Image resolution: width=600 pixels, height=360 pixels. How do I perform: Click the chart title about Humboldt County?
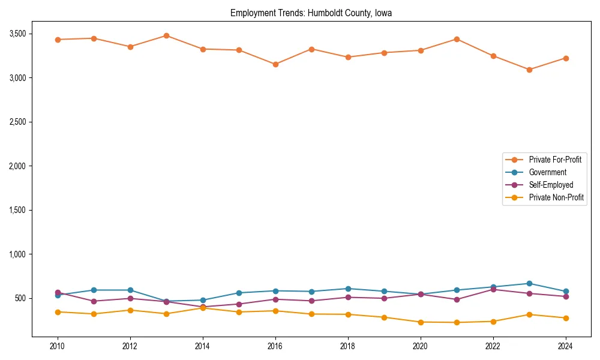pyautogui.click(x=311, y=13)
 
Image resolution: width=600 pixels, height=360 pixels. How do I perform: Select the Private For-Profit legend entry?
pyautogui.click(x=555, y=160)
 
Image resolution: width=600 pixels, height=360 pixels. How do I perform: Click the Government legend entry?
pyautogui.click(x=547, y=172)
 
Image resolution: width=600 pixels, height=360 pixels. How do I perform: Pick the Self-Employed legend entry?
pyautogui.click(x=551, y=185)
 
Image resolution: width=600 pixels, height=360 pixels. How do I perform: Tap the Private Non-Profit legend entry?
pyautogui.click(x=556, y=197)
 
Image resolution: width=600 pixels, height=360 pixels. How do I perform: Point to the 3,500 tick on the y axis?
pyautogui.click(x=17, y=34)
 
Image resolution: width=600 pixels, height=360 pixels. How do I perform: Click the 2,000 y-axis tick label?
pyautogui.click(x=17, y=166)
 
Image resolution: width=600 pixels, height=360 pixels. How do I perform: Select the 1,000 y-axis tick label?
pyautogui.click(x=17, y=254)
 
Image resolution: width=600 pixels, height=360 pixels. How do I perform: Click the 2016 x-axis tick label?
pyautogui.click(x=275, y=346)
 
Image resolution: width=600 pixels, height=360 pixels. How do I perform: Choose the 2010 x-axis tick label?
pyautogui.click(x=58, y=346)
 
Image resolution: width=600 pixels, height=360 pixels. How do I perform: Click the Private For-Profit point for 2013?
pyautogui.click(x=166, y=35)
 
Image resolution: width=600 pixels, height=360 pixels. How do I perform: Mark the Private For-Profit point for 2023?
pyautogui.click(x=529, y=70)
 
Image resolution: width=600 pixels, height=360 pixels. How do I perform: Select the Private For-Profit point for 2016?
pyautogui.click(x=275, y=64)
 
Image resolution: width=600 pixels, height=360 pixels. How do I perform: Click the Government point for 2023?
pyautogui.click(x=529, y=283)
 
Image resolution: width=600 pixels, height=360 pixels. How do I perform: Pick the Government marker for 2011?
pyautogui.click(x=94, y=290)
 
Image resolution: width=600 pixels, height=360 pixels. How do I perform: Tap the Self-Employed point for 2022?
pyautogui.click(x=493, y=289)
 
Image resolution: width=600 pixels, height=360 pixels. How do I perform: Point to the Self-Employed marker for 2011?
pyautogui.click(x=94, y=301)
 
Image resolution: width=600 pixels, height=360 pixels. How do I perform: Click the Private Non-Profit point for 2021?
pyautogui.click(x=457, y=322)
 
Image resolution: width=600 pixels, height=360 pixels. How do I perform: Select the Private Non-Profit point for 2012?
pyautogui.click(x=130, y=310)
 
